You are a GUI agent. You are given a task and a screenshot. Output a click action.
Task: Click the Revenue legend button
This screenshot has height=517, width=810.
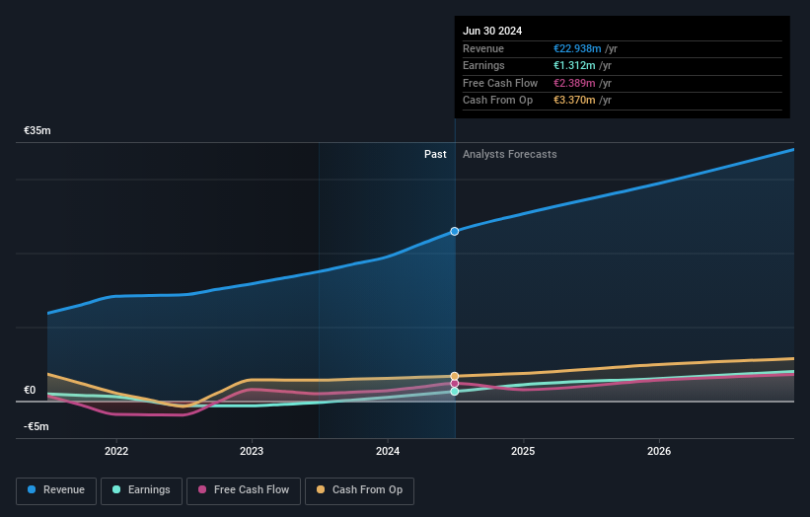pyautogui.click(x=56, y=490)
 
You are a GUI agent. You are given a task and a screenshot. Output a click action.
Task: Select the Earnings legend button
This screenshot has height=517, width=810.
pyautogui.click(x=141, y=490)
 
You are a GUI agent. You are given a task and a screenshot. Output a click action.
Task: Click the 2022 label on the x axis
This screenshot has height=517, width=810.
pyautogui.click(x=116, y=451)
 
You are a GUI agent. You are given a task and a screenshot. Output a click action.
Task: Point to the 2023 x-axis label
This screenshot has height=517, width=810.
pyautogui.click(x=252, y=451)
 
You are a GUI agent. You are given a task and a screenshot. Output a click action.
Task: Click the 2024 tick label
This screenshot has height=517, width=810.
pyautogui.click(x=388, y=451)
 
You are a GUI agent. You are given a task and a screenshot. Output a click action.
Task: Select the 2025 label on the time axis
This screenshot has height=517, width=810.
pyautogui.click(x=523, y=451)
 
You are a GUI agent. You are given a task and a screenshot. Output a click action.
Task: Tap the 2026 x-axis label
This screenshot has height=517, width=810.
pyautogui.click(x=659, y=451)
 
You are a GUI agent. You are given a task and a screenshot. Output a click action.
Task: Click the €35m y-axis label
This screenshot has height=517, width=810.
pyautogui.click(x=37, y=130)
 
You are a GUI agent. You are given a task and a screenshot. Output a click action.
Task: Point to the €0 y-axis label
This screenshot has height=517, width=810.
pyautogui.click(x=30, y=390)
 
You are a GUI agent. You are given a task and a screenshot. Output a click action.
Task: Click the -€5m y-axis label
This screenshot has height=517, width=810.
pyautogui.click(x=37, y=426)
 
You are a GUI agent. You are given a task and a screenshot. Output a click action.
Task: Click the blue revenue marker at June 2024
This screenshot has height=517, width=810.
pyautogui.click(x=455, y=231)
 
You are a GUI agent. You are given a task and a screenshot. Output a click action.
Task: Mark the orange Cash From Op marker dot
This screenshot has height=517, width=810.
pyautogui.click(x=455, y=376)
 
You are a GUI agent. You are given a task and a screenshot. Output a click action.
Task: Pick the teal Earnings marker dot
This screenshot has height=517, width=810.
pyautogui.click(x=455, y=392)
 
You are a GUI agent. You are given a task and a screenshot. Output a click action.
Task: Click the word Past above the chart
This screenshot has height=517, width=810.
pyautogui.click(x=435, y=154)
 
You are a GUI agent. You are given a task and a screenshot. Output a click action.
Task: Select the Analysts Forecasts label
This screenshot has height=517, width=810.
pyautogui.click(x=509, y=154)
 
